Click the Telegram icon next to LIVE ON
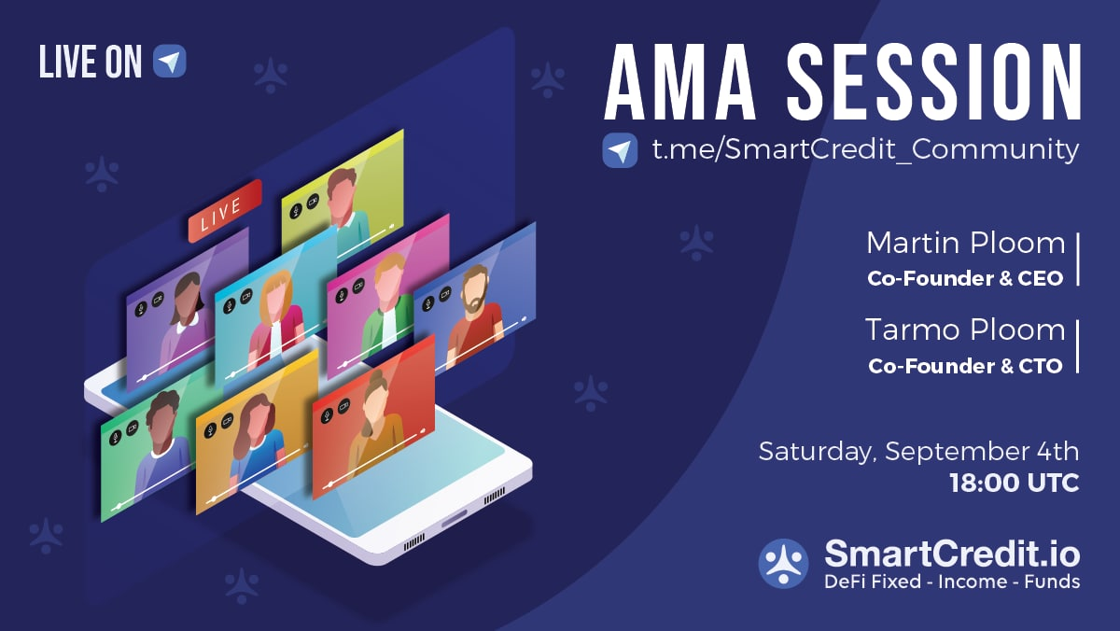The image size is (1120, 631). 170,61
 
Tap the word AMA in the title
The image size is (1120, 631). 680,82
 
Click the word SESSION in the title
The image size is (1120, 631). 934,82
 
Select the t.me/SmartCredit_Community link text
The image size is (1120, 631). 865,149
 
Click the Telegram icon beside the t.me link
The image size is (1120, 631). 620,150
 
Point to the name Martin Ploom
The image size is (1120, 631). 966,244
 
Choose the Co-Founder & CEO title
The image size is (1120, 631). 965,278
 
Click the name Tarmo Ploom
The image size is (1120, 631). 965,330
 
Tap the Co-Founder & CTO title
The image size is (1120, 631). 965,366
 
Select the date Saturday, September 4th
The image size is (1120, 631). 919,452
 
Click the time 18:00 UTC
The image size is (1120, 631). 1015,483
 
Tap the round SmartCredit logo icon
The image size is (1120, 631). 783,564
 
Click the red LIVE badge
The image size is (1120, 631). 225,211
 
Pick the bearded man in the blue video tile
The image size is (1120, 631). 474,314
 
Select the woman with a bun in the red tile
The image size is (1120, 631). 376,420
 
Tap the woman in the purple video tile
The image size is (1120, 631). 186,320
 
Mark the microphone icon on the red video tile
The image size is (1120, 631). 327,414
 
